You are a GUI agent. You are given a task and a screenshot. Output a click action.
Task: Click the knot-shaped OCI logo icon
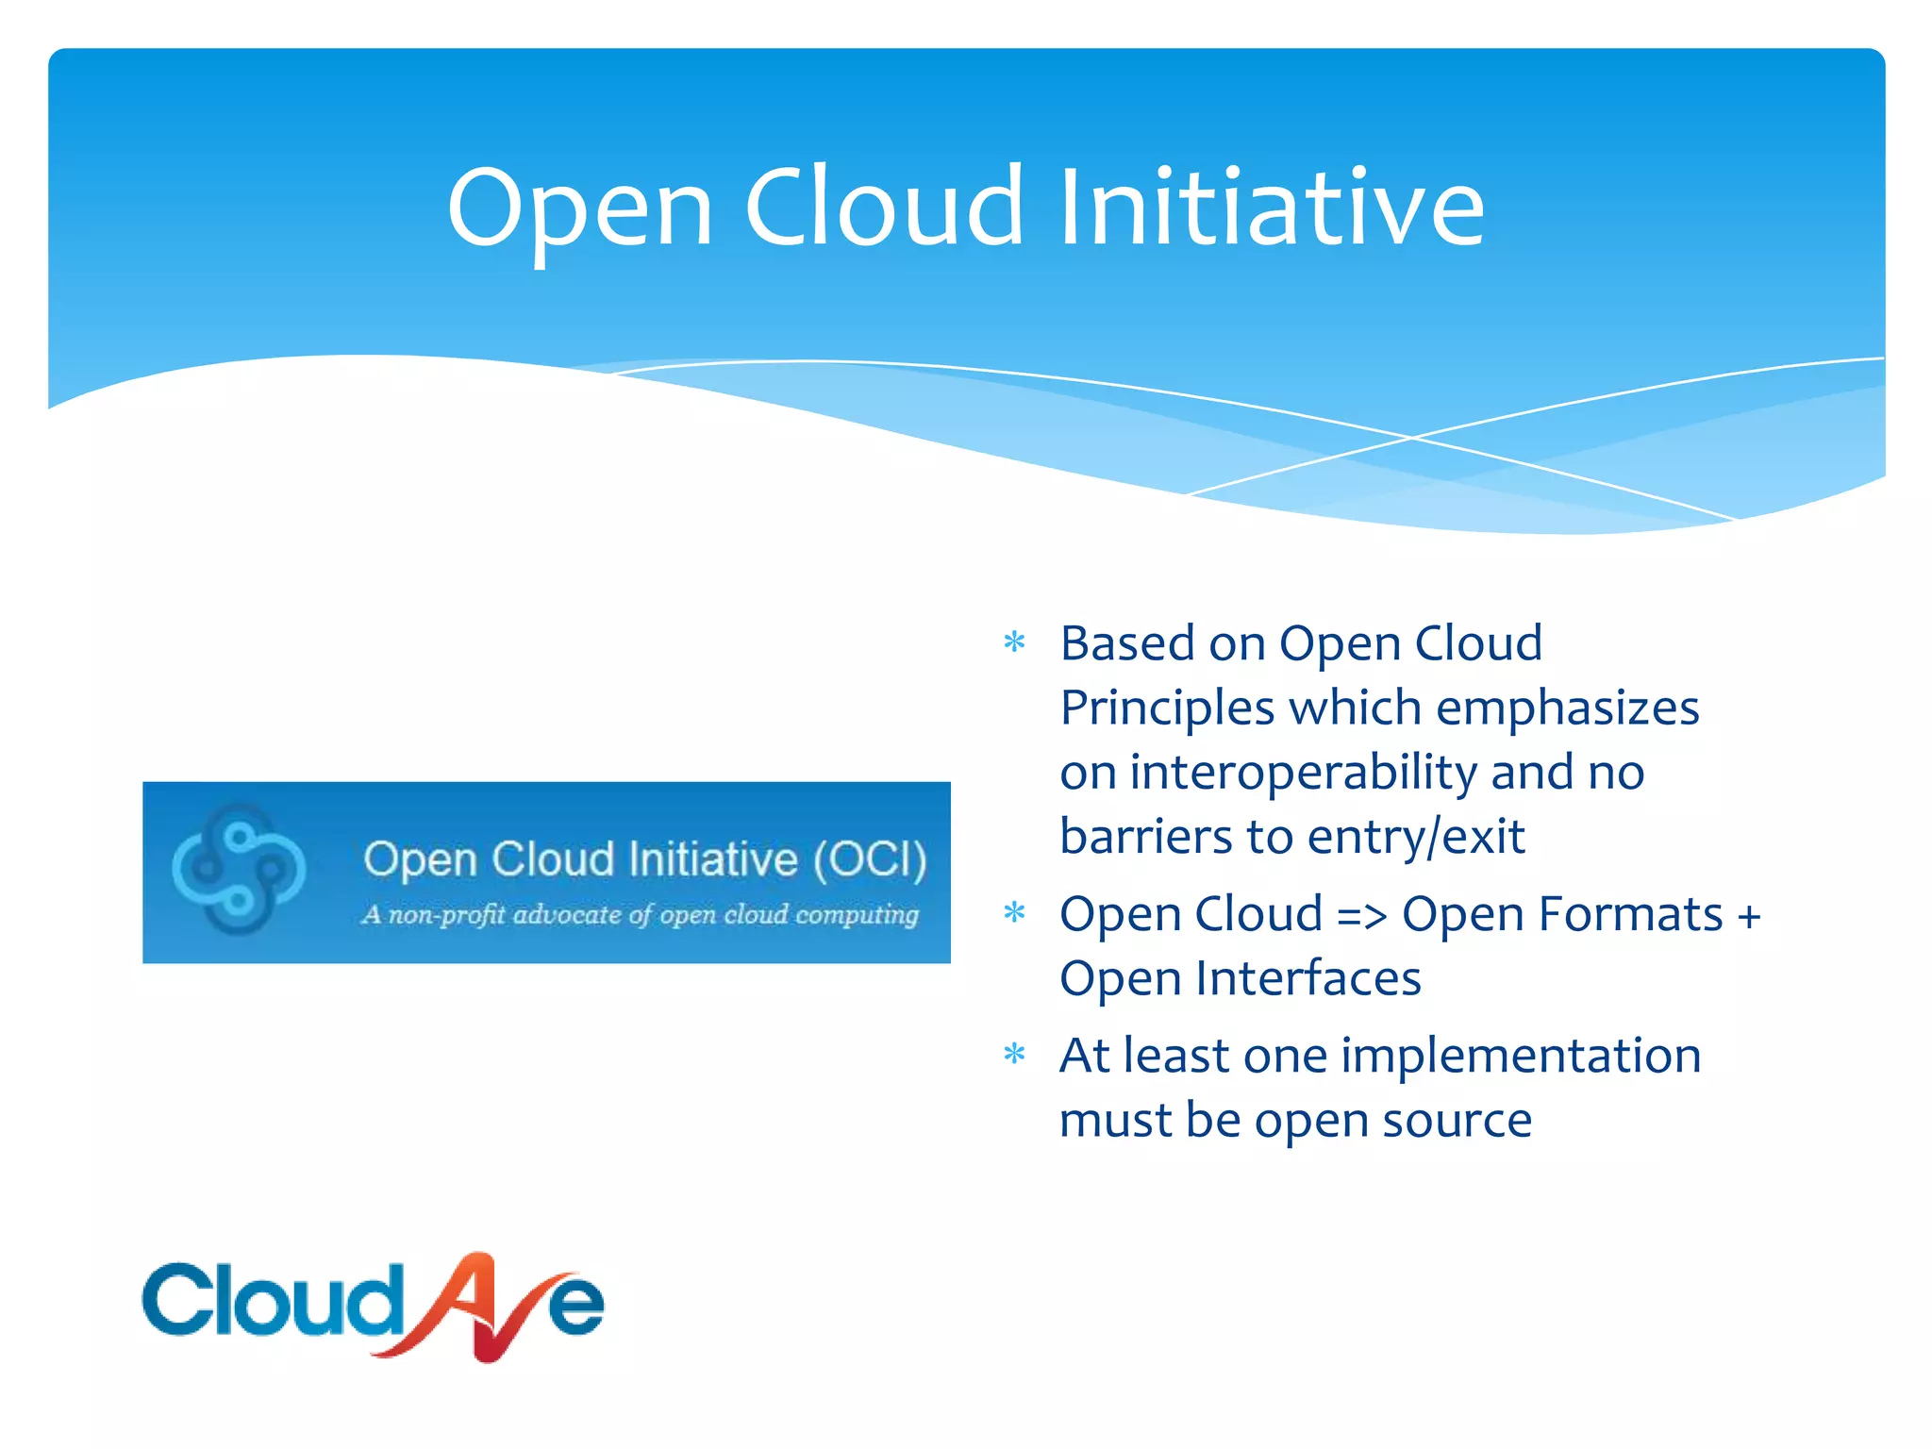(238, 869)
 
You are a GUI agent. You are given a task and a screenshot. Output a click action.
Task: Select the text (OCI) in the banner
(870, 859)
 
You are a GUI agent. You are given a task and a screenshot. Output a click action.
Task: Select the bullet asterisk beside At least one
(1014, 1054)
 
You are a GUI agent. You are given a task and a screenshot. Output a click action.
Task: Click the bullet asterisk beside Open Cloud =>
(1014, 913)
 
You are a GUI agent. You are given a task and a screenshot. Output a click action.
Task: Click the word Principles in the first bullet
(1167, 708)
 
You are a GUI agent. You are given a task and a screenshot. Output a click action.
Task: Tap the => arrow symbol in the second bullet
(1361, 916)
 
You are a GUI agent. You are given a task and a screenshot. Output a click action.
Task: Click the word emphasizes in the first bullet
(1567, 708)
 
